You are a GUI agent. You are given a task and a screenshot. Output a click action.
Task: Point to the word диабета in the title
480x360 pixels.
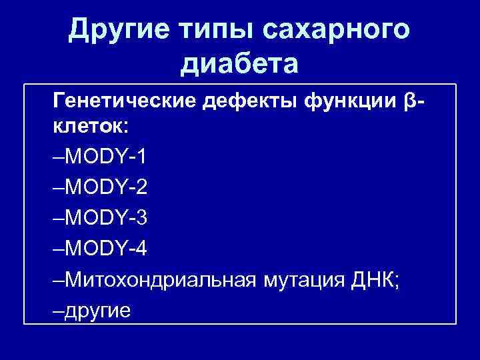pyautogui.click(x=239, y=65)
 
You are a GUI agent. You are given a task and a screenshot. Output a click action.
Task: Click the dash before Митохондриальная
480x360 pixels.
pyautogui.click(x=57, y=279)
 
